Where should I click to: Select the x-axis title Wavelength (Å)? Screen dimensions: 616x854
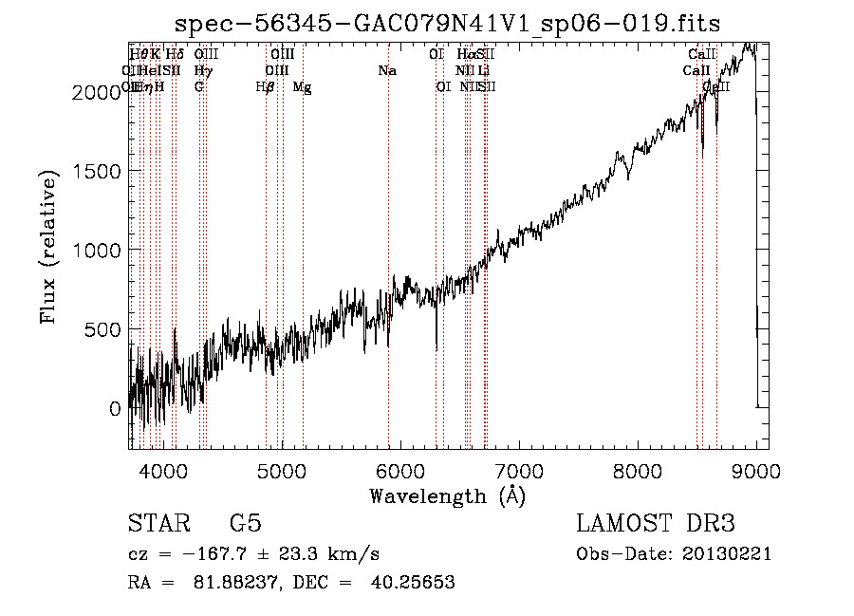point(447,495)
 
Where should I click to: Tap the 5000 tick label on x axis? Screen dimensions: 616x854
point(282,470)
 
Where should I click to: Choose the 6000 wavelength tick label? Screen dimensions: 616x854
point(400,470)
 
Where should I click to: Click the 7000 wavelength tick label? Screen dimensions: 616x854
point(519,470)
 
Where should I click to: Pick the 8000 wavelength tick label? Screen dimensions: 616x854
point(638,470)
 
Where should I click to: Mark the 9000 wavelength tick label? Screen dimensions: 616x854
point(756,470)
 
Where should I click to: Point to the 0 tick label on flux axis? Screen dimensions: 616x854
point(116,409)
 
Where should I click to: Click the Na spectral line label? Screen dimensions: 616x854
point(387,71)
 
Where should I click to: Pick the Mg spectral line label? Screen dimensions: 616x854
point(302,87)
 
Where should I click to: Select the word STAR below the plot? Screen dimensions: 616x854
point(158,524)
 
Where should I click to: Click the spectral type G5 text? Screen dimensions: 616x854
point(245,524)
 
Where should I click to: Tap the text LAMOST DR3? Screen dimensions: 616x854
point(656,524)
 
